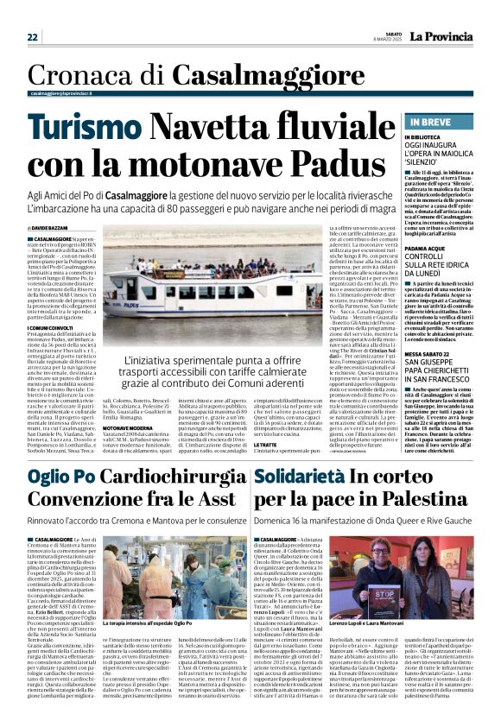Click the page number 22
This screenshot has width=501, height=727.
(x=32, y=38)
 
